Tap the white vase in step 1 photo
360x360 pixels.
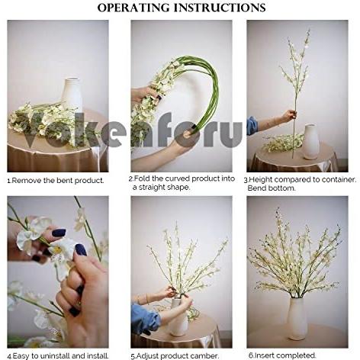click(x=72, y=95)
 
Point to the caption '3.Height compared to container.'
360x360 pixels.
click(x=300, y=179)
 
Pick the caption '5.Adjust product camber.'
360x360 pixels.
click(x=174, y=355)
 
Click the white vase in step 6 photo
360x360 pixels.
click(x=296, y=318)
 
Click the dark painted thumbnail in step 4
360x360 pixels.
click(x=80, y=249)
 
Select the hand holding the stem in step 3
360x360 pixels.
click(x=288, y=116)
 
